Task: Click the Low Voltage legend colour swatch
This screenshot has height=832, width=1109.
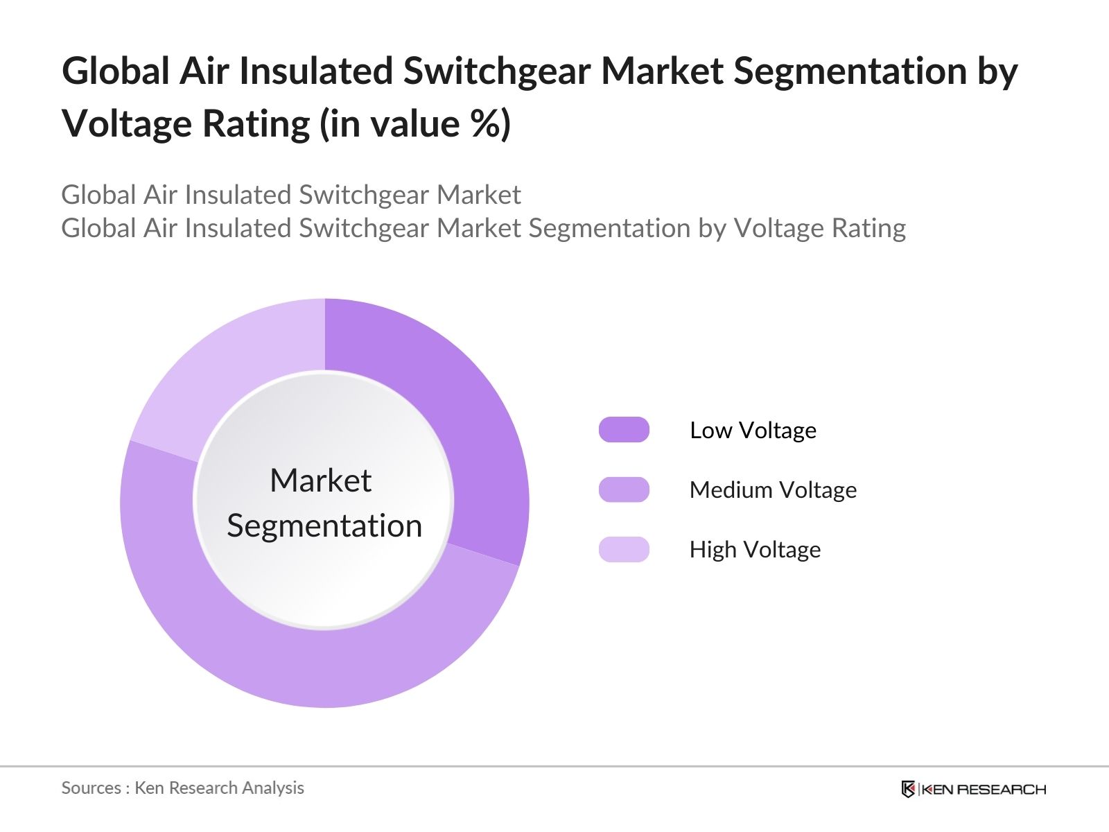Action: click(624, 430)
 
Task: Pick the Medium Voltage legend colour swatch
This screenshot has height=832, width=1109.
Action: click(624, 489)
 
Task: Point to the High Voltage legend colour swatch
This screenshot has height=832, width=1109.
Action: click(624, 549)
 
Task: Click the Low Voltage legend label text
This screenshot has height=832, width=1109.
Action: click(753, 431)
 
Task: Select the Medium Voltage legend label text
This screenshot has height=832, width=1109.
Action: click(773, 490)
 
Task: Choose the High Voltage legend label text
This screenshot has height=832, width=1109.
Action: click(755, 550)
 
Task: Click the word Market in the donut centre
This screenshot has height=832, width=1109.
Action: click(321, 480)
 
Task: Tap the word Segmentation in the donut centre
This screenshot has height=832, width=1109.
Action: click(324, 526)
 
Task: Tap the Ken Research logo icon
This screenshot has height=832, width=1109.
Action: click(908, 789)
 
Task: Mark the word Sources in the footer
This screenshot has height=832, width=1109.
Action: click(91, 788)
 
